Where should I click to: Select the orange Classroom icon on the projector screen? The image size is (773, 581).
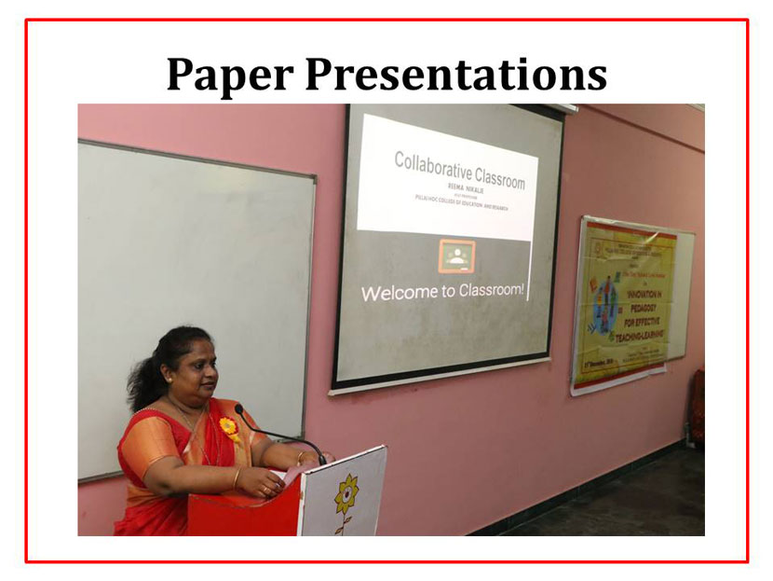coord(456,255)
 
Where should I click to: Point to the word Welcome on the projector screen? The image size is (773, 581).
coord(400,293)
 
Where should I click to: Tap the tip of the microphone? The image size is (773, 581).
coord(239,408)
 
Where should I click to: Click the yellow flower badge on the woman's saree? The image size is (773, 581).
coord(228,428)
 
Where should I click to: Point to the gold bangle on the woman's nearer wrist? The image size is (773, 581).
coord(236,478)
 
